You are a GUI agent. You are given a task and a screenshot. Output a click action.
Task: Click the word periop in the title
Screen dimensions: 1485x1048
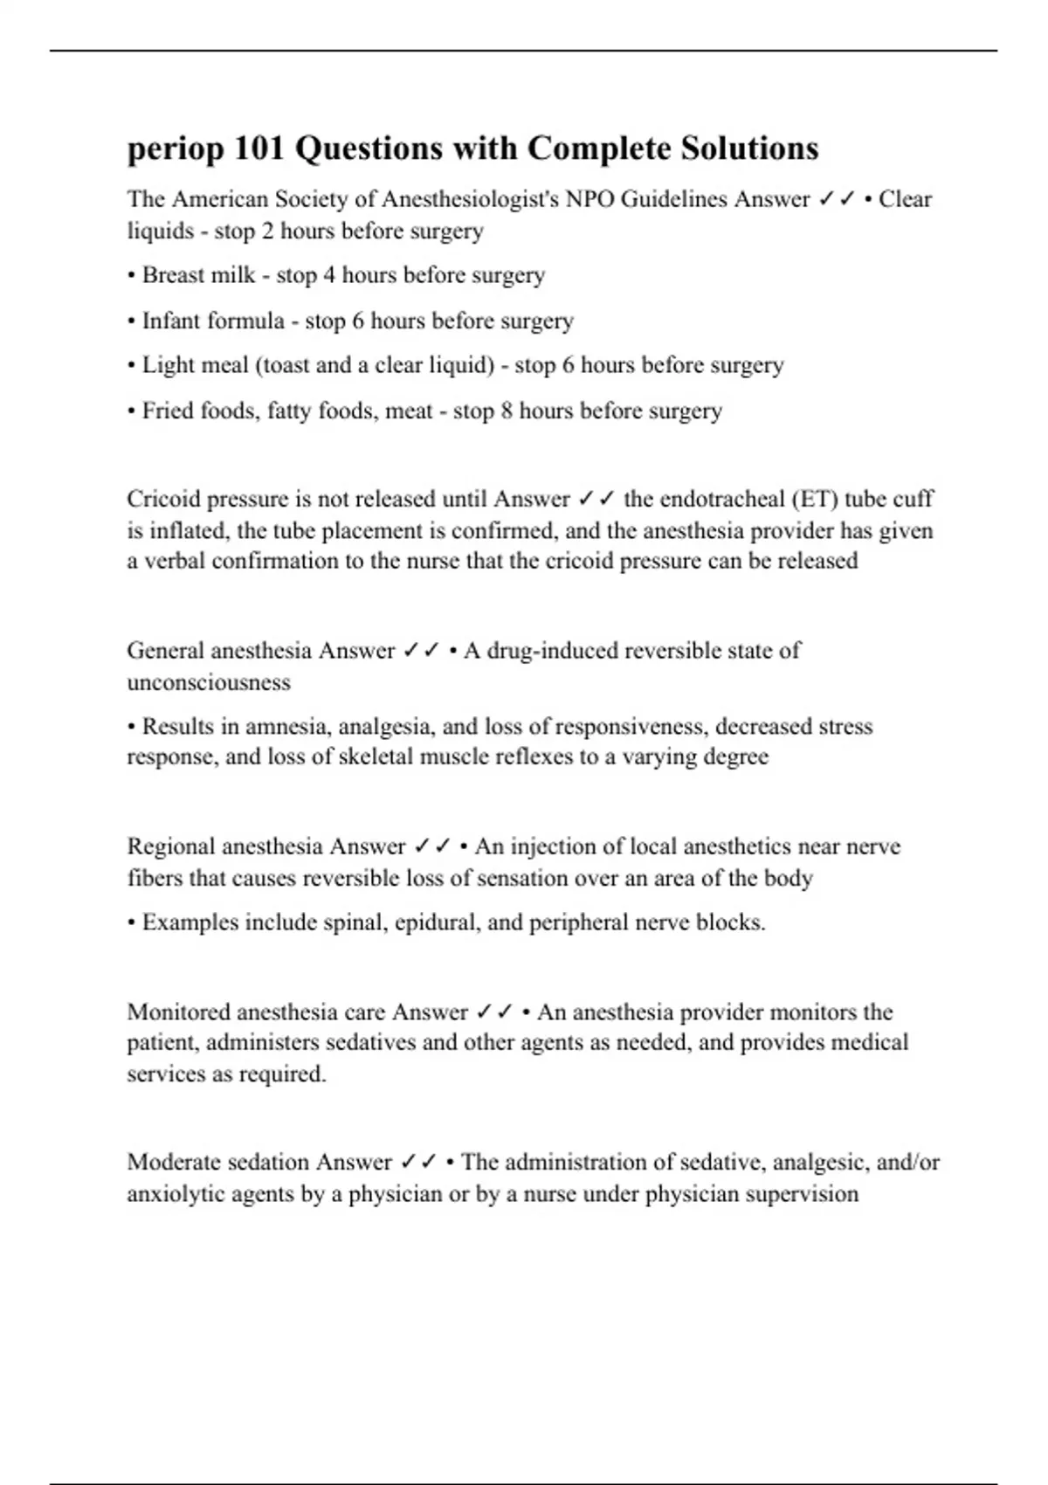point(175,149)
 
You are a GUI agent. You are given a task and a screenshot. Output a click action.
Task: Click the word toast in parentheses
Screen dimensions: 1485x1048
point(286,365)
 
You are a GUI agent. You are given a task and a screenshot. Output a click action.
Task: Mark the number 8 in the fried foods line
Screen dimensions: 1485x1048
point(507,411)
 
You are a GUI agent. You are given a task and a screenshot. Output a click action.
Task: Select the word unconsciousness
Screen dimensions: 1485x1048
point(209,682)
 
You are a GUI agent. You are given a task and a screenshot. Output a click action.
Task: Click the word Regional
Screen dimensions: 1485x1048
point(170,846)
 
